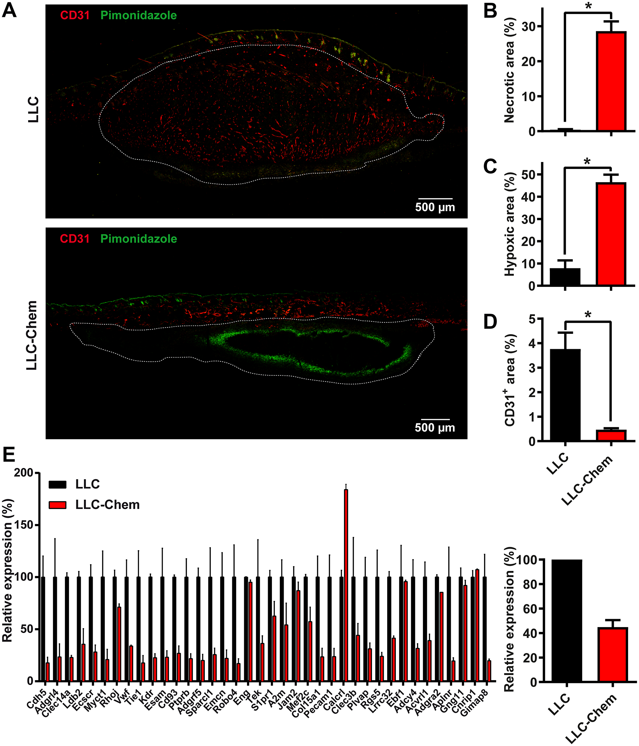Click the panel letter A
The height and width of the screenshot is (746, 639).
point(9,11)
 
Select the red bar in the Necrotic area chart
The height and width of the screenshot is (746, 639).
point(611,81)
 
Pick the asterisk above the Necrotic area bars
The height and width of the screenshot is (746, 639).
point(588,7)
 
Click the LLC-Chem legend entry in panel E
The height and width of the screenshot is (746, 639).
point(107,505)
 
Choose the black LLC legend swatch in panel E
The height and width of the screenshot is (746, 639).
point(58,485)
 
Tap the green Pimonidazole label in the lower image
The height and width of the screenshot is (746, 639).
point(139,239)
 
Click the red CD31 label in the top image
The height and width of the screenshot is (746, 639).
point(75,15)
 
